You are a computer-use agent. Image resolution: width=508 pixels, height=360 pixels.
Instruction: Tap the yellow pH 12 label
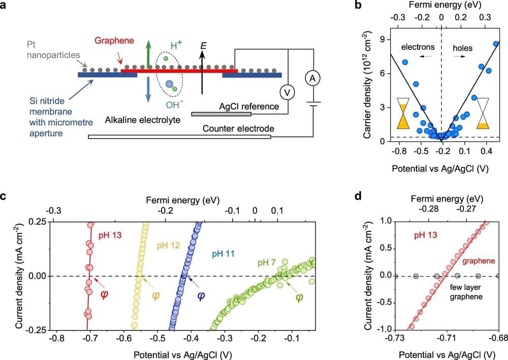tap(169, 246)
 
